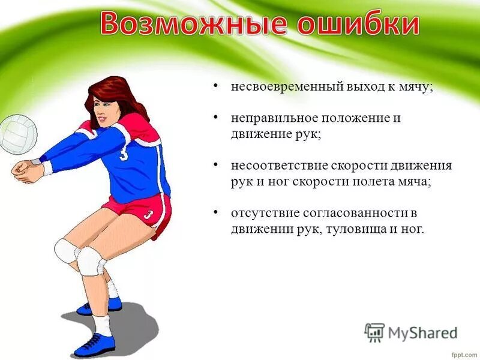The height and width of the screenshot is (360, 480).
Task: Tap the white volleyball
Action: click(17, 133)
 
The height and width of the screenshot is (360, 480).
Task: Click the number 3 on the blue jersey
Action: click(124, 154)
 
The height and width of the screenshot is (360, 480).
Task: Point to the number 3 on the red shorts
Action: click(147, 214)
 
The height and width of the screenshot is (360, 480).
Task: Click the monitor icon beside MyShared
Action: click(374, 332)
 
